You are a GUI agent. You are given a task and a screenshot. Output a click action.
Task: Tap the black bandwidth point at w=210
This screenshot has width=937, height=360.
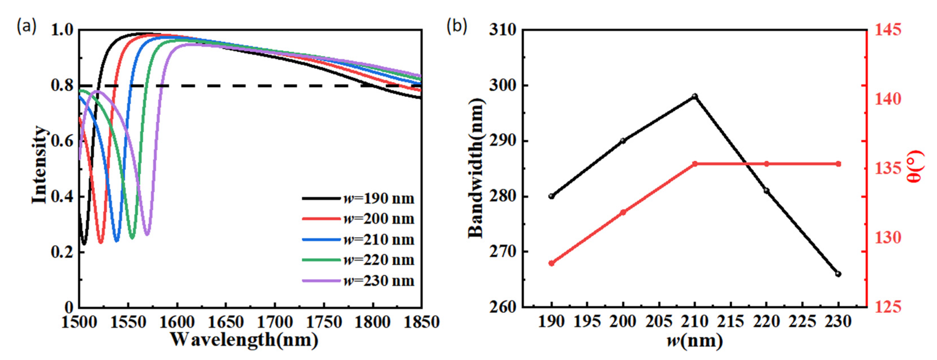695,96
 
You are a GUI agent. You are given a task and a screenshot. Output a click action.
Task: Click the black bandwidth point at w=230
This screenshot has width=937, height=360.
838,274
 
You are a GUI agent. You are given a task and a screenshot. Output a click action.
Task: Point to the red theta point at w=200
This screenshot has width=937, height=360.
623,212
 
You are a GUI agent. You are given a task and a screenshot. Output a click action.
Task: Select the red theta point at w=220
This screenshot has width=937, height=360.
767,164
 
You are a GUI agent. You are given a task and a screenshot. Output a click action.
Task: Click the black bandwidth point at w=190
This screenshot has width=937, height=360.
551,196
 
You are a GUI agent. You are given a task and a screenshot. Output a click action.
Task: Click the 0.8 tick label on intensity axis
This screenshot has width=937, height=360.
62,86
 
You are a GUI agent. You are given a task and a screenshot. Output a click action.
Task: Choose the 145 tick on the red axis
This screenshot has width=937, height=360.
888,30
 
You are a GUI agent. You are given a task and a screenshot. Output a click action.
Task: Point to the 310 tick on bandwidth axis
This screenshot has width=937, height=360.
503,30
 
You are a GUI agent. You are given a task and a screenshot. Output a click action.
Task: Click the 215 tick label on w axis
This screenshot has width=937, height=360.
731,322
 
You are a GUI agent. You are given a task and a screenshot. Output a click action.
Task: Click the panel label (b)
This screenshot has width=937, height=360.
457,26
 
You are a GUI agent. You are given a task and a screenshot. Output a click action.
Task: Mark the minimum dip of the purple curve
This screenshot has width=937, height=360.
147,234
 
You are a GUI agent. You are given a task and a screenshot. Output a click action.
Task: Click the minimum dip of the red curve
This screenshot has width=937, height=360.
101,242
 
